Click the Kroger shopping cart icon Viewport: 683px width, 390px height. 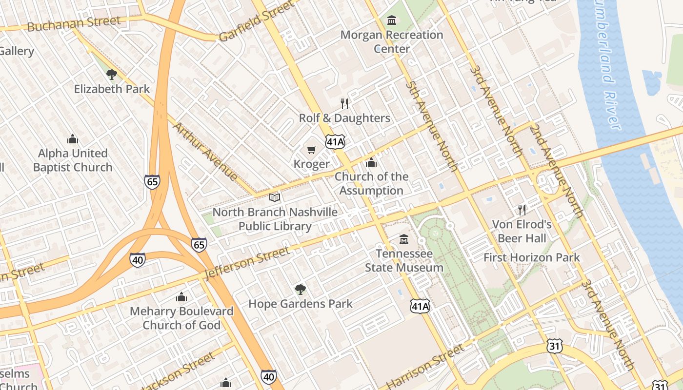coord(311,150)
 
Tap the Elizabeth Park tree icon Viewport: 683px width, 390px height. coord(112,75)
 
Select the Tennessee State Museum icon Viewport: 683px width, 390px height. coord(404,239)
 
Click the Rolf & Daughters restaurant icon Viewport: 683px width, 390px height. coord(344,103)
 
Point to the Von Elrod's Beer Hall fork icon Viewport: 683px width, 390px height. coord(522,210)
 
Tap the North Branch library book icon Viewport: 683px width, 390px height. coord(275,197)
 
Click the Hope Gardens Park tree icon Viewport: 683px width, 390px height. coord(301,290)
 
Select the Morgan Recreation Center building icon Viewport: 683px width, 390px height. coord(392,20)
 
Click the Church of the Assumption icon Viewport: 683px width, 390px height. coord(371,162)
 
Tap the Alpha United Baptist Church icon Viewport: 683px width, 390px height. coord(73,139)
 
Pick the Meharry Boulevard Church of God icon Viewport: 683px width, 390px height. coord(181,297)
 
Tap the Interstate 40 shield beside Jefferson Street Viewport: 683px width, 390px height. coord(138,260)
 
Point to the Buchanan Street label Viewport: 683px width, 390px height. coord(74,23)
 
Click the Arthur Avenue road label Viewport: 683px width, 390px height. coord(205,151)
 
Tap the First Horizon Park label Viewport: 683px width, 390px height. coord(532,257)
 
